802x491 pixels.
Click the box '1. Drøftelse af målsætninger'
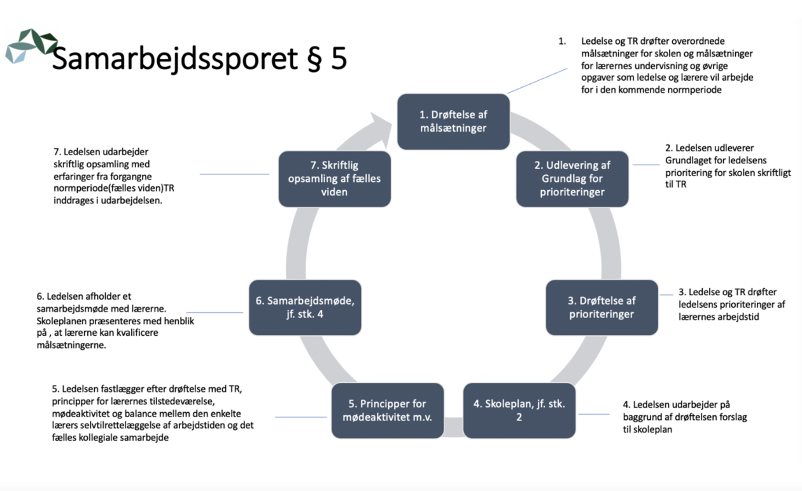click(x=453, y=121)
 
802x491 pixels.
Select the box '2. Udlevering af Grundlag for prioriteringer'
click(x=572, y=179)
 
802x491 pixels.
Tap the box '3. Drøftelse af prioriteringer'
click(x=601, y=307)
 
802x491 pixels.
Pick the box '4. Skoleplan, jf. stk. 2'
click(x=519, y=410)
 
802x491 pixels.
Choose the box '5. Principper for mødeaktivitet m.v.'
click(x=387, y=410)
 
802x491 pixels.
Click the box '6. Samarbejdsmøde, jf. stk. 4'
click(x=305, y=307)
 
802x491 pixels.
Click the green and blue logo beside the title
click(x=30, y=46)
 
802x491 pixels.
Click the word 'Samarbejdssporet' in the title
click(x=174, y=60)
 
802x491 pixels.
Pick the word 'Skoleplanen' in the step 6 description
click(x=63, y=321)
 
